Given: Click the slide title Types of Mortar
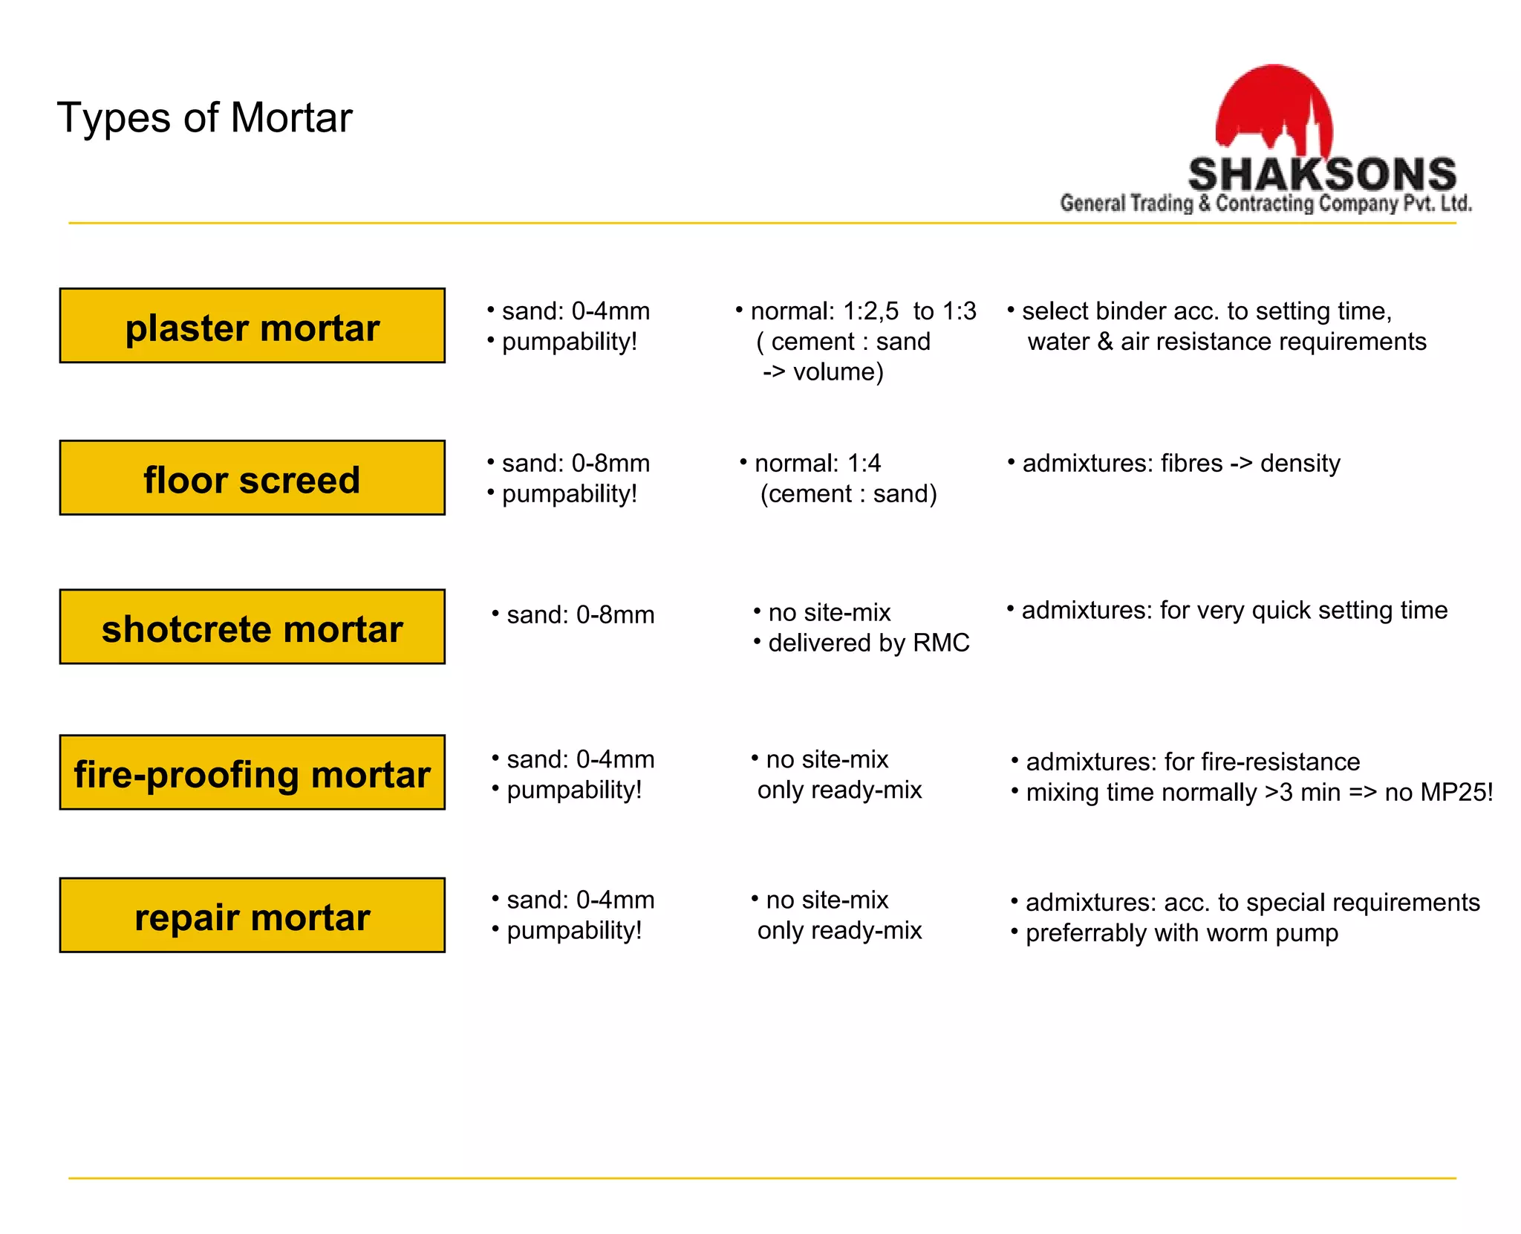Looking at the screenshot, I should (204, 117).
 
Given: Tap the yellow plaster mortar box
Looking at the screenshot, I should (252, 326).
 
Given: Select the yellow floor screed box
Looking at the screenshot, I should (252, 478).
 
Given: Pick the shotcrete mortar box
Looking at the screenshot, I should (252, 627).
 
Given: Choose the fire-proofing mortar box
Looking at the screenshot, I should (252, 773).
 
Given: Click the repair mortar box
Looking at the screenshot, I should (252, 915).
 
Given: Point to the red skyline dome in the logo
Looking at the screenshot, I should (1274, 105).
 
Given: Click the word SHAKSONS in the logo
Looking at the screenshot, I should (1322, 175).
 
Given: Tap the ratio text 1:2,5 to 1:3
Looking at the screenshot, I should (909, 311).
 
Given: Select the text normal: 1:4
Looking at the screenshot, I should (817, 464).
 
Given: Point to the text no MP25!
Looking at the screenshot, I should (1439, 792).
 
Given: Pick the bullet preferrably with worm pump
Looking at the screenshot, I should (1181, 933).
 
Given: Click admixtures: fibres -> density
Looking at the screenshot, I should (1181, 464).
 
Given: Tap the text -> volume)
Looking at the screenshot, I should (823, 371).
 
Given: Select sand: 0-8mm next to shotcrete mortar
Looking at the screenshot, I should (579, 615).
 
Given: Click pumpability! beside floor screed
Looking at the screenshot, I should (569, 494).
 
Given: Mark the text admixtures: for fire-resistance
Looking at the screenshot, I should (1192, 761).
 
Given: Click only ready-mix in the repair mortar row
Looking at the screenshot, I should (839, 930).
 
